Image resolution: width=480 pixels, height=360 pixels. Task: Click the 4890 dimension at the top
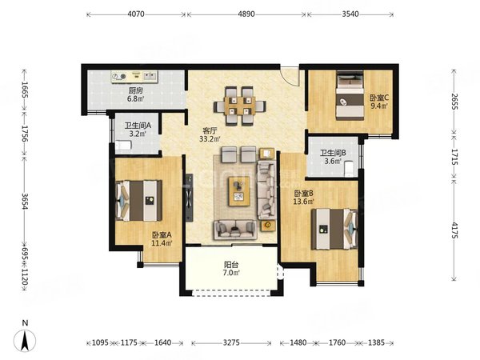pyautogui.click(x=246, y=14)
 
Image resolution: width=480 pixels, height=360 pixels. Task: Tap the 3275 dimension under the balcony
pyautogui.click(x=231, y=342)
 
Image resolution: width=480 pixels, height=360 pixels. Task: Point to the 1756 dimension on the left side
pyautogui.click(x=25, y=134)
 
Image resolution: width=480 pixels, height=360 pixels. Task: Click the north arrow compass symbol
pyautogui.click(x=25, y=340)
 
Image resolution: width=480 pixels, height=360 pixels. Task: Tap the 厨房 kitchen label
pyautogui.click(x=136, y=91)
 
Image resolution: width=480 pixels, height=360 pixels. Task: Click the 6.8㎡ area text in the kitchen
pyautogui.click(x=136, y=99)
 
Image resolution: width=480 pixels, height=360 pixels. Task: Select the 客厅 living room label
pyautogui.click(x=210, y=131)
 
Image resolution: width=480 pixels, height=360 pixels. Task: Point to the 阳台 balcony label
pyautogui.click(x=231, y=265)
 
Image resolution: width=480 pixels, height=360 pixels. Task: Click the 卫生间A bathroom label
pyautogui.click(x=138, y=126)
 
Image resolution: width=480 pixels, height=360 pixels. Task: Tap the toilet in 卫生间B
pyautogui.click(x=349, y=170)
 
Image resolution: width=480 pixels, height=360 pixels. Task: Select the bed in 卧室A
pyautogui.click(x=139, y=201)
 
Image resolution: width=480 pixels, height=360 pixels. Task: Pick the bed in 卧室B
pyautogui.click(x=334, y=229)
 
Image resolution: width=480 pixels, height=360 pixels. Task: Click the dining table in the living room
pyautogui.click(x=240, y=106)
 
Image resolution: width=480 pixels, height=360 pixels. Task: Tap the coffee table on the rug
pyautogui.click(x=239, y=191)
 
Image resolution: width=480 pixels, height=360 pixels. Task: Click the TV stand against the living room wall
pyautogui.click(x=189, y=198)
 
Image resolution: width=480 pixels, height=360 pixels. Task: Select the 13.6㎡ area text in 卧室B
pyautogui.click(x=303, y=202)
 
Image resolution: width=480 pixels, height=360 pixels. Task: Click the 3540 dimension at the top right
pyautogui.click(x=350, y=14)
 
